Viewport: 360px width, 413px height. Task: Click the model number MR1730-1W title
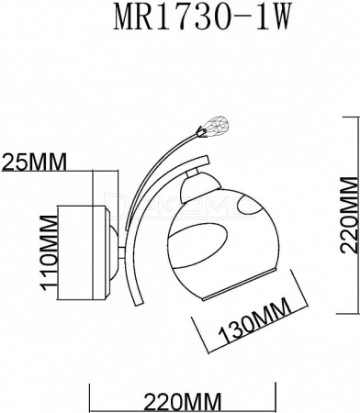(201, 17)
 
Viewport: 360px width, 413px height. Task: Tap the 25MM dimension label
(34, 162)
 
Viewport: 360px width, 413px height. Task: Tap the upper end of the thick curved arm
(206, 161)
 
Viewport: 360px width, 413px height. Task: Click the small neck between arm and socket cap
(192, 173)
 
